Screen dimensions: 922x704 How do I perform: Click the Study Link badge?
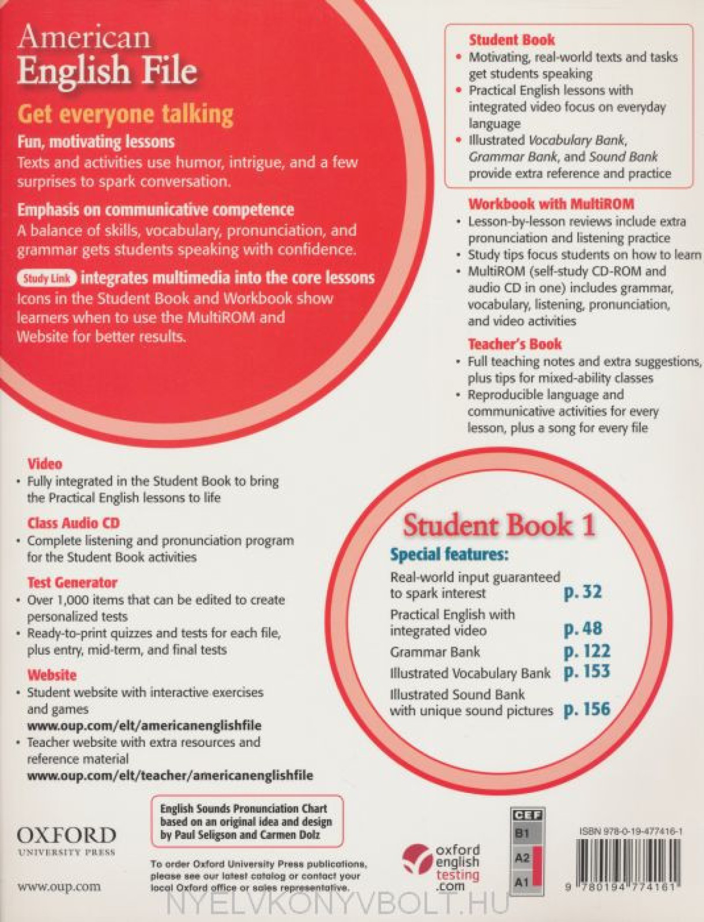tap(47, 278)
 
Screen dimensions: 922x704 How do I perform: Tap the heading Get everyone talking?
tap(125, 114)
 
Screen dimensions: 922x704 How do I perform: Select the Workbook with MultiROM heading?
tap(551, 203)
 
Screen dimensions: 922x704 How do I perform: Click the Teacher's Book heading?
tap(514, 344)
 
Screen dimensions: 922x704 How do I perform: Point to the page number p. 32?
tap(582, 592)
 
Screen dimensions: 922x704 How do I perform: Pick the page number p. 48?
tap(582, 629)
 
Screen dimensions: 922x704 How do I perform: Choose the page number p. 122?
tap(587, 651)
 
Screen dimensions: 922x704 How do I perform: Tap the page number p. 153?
tap(587, 671)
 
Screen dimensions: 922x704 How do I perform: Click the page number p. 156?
tap(587, 709)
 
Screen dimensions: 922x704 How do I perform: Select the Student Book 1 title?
tap(499, 525)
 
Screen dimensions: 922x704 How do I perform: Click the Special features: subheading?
tap(450, 554)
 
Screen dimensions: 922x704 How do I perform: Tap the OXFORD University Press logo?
tap(66, 840)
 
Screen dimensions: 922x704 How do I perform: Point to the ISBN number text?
tap(631, 832)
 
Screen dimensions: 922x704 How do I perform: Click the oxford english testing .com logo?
tap(442, 867)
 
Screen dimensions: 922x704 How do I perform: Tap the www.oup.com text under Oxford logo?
tap(59, 887)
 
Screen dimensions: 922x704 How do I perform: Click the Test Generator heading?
tap(72, 582)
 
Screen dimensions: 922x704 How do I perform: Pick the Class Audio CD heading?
tap(73, 523)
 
